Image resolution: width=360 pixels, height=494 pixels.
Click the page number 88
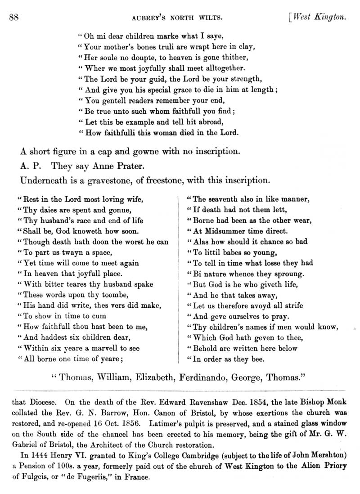pyautogui.click(x=13, y=18)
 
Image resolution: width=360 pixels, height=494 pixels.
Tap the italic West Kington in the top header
pyautogui.click(x=319, y=18)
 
